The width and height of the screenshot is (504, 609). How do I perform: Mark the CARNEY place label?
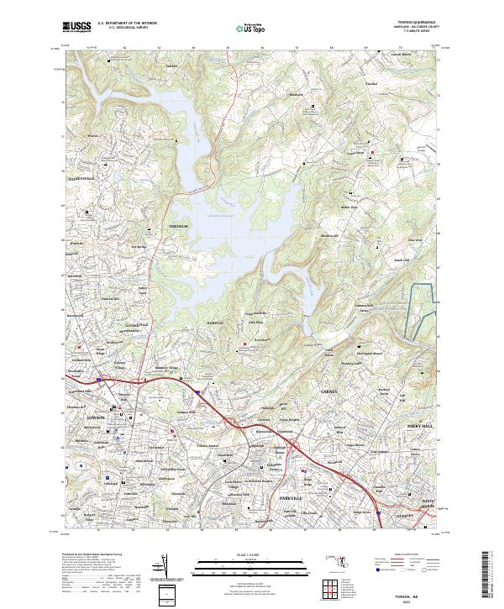[334, 391]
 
